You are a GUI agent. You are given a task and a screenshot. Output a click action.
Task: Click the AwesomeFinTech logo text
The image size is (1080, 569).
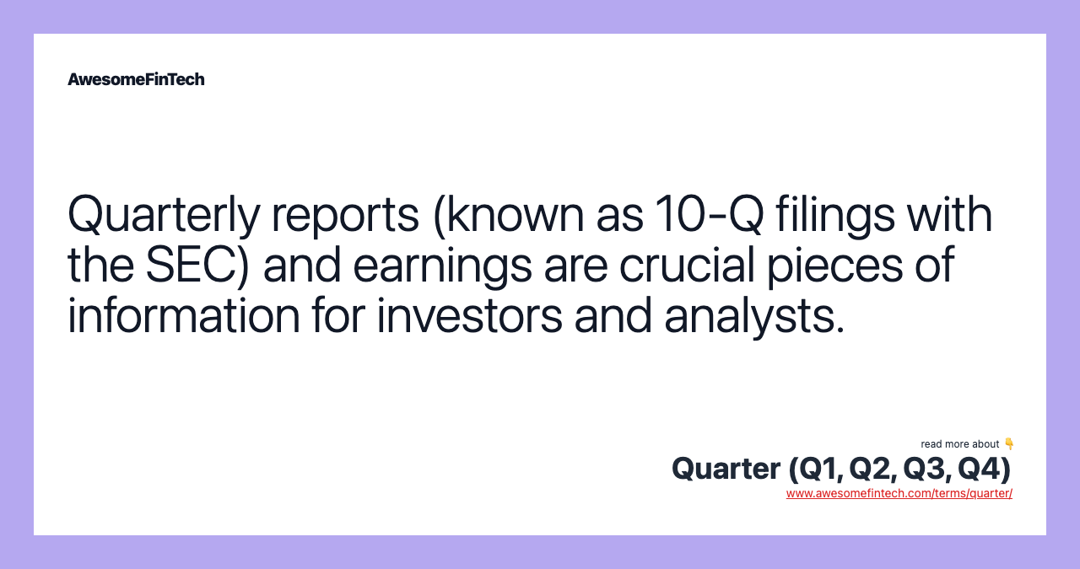tap(136, 79)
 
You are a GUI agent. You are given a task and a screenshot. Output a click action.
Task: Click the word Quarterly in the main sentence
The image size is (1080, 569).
tap(164, 215)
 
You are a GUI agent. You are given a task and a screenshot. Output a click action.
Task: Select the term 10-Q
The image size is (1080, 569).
tap(709, 214)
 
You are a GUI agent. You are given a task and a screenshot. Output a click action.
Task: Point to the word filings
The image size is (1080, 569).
tap(835, 214)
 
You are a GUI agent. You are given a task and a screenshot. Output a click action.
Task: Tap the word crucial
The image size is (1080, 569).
tap(687, 264)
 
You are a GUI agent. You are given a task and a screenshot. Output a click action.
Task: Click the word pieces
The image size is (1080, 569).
tap(834, 266)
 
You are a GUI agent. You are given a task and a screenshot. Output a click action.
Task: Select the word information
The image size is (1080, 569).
tap(184, 314)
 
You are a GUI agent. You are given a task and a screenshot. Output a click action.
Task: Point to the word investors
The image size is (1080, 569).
tap(469, 315)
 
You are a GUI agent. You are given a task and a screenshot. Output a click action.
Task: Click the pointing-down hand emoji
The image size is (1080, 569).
tap(1008, 443)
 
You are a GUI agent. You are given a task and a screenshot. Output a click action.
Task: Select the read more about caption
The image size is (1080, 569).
tap(959, 444)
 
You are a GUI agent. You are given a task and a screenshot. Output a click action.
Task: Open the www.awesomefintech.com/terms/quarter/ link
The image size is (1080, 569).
tap(899, 493)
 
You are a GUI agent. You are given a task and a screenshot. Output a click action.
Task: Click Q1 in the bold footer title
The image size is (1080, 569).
tap(818, 469)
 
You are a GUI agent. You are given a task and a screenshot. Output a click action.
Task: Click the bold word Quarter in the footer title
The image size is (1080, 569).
tap(726, 469)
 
